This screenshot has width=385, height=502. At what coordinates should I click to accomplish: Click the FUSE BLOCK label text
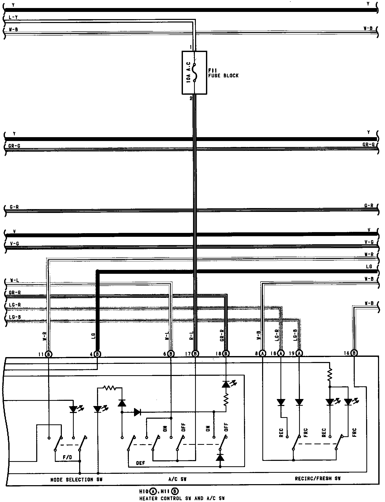(223, 76)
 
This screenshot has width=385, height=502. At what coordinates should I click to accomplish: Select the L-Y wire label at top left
(13, 17)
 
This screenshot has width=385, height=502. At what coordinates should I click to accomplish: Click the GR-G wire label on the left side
(14, 146)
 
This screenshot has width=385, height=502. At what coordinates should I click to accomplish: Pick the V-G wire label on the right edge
(369, 242)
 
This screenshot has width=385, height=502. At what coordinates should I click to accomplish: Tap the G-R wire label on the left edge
(14, 207)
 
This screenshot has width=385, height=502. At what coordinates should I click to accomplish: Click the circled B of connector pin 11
(49, 354)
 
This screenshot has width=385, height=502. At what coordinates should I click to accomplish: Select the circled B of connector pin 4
(97, 354)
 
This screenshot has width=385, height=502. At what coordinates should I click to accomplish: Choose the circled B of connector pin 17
(196, 353)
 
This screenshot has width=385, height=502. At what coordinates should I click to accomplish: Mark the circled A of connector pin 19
(299, 353)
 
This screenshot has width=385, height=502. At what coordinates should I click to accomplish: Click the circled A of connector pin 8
(263, 353)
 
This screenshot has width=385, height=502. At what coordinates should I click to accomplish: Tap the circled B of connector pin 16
(354, 353)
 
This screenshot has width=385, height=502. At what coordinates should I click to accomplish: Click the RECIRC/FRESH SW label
(318, 478)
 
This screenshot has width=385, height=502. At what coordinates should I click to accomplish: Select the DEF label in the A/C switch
(140, 463)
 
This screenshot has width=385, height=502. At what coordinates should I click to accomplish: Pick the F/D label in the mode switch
(67, 457)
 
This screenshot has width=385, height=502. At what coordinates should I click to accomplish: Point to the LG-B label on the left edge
(15, 317)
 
